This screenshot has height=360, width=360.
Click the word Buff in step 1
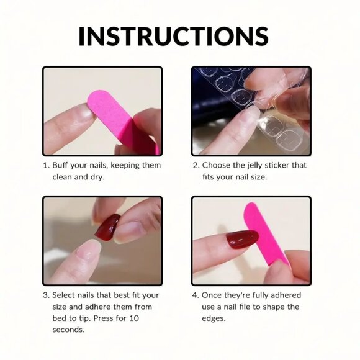point(61,166)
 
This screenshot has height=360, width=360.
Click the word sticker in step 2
point(283,166)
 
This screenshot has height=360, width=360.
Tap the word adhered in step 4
point(283,295)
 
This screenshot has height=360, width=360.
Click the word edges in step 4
point(212,318)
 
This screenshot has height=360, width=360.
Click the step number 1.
point(45,166)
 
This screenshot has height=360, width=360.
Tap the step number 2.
point(195,166)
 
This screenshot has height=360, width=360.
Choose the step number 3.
point(45,295)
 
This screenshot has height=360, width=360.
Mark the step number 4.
point(195,295)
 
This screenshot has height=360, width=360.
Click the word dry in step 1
point(97,177)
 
